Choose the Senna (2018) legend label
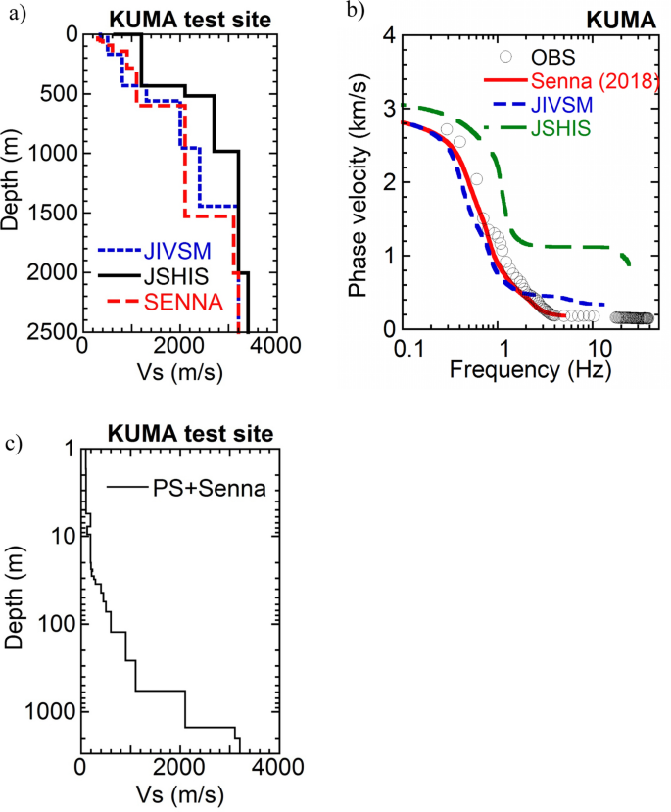[x=592, y=80]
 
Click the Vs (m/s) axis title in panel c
[x=179, y=791]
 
